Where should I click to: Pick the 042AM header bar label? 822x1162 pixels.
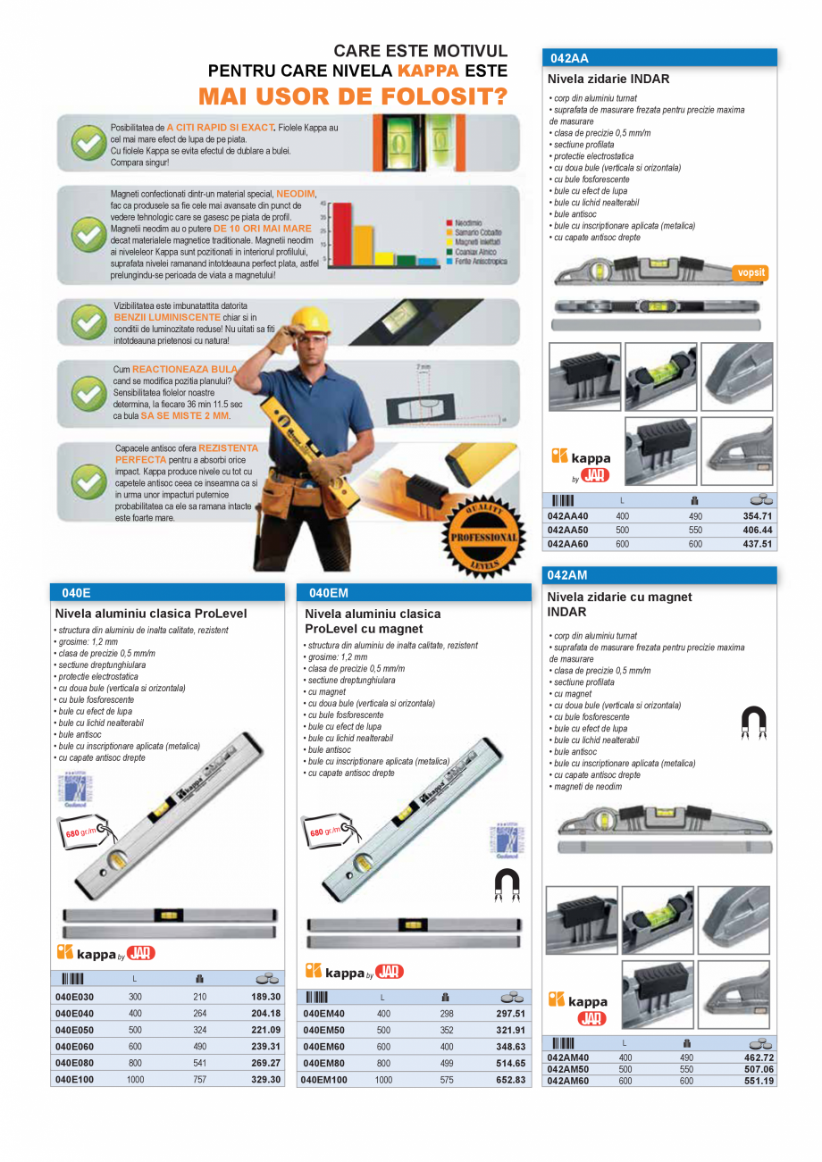coord(568,576)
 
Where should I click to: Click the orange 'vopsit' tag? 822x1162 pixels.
coord(750,273)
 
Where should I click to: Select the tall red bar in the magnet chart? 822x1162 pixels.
coord(338,234)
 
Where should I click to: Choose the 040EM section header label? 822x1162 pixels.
coord(328,592)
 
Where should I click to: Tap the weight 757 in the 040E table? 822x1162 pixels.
coord(200,1080)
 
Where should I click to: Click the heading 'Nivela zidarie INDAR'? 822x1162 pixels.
coord(608,79)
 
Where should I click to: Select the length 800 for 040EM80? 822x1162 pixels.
coord(383,1064)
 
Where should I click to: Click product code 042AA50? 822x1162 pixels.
coord(568,530)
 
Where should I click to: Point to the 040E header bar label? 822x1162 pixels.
coord(76,592)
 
